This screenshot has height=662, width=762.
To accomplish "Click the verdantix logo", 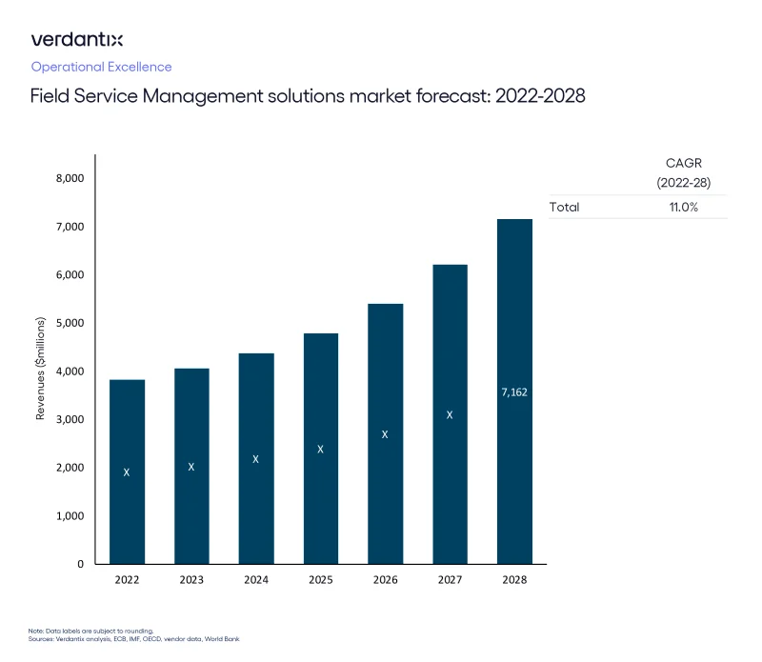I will click(x=77, y=39).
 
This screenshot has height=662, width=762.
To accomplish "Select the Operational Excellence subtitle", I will click(x=101, y=67).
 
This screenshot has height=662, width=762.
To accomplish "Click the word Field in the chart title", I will click(x=49, y=96).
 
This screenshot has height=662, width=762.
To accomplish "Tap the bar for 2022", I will click(x=127, y=471).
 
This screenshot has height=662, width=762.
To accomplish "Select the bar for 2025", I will click(x=321, y=448).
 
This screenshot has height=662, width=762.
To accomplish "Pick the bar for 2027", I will click(x=450, y=413).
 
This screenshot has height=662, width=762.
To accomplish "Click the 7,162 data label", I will click(x=514, y=391).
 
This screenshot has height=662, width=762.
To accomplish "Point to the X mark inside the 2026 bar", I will click(x=385, y=434).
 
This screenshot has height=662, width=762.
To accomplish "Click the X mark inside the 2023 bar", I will click(x=191, y=467).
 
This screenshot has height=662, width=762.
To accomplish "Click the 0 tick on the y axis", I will click(x=81, y=564).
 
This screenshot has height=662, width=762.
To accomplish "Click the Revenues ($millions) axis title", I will click(x=41, y=371).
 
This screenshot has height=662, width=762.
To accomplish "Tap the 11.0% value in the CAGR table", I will click(x=683, y=207).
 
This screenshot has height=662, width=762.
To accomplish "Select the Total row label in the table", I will click(x=564, y=207).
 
